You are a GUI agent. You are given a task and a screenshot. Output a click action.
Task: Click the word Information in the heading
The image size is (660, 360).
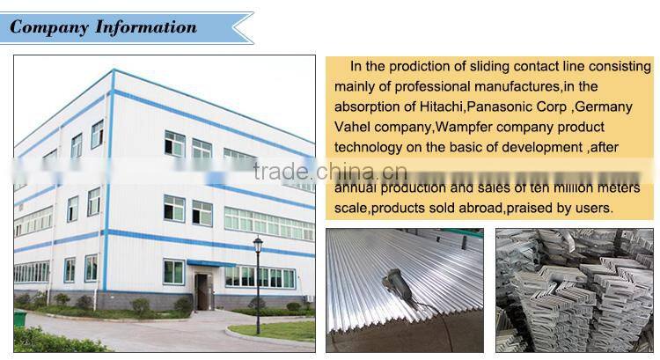[144, 26]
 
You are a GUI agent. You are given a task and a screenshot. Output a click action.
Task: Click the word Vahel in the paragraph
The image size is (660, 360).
[353, 127]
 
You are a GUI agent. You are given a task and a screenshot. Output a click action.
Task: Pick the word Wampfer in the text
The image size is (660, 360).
[470, 127]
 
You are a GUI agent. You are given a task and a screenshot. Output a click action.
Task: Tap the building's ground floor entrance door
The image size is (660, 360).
[202, 290]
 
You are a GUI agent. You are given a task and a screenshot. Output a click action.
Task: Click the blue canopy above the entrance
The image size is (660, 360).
[211, 263]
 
